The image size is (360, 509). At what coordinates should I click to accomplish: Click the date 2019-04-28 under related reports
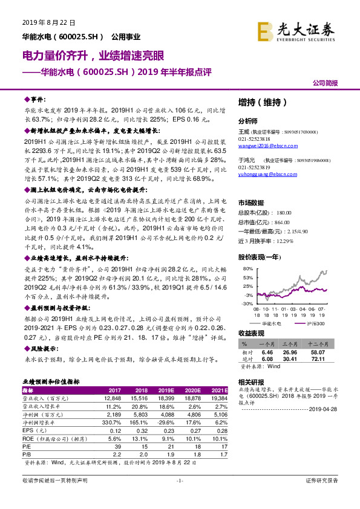pyautogui.click(x=330, y=409)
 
